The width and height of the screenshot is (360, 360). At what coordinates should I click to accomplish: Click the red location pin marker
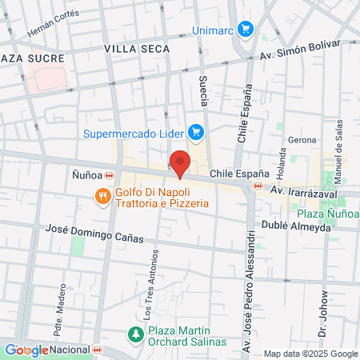point(181,163)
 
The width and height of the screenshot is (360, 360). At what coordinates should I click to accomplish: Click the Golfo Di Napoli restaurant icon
point(102,197)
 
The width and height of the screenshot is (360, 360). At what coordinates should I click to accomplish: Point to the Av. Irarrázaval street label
point(302,193)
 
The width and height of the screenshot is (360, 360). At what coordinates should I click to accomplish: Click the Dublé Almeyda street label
point(294,227)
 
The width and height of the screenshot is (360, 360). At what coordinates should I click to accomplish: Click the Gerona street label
point(302,140)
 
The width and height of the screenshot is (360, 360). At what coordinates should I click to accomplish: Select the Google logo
point(26,350)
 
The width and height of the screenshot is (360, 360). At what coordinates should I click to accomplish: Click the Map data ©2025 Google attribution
point(311,354)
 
